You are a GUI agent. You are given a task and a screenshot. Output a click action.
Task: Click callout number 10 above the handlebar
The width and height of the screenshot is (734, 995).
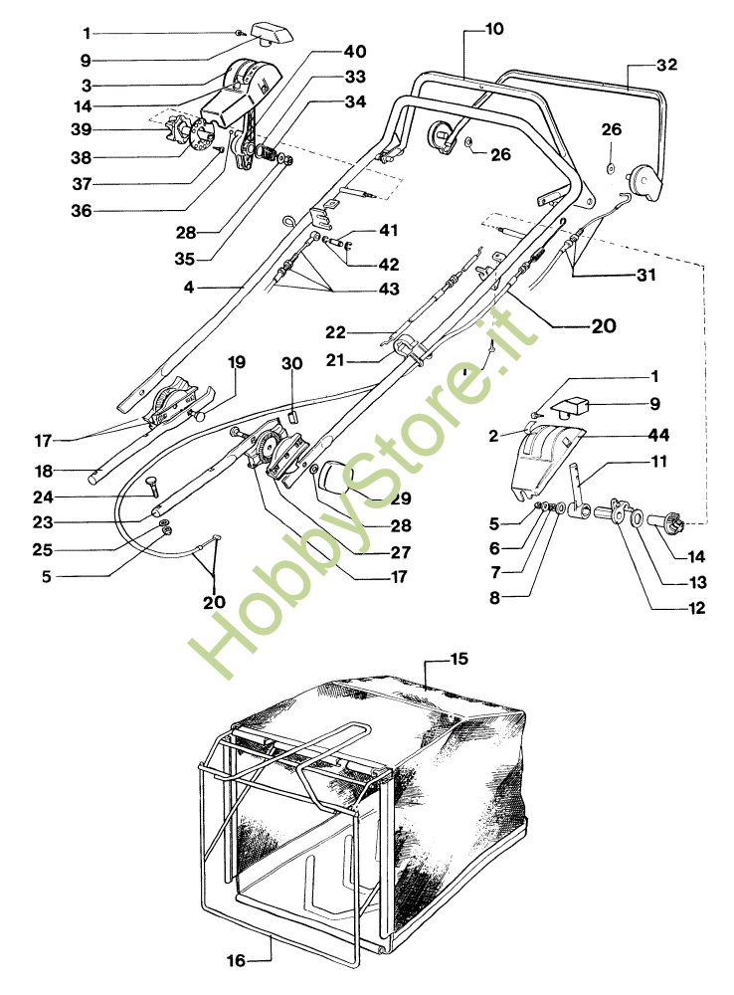pos(493,30)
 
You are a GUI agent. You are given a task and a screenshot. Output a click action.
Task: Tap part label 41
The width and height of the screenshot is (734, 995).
pos(387,231)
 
